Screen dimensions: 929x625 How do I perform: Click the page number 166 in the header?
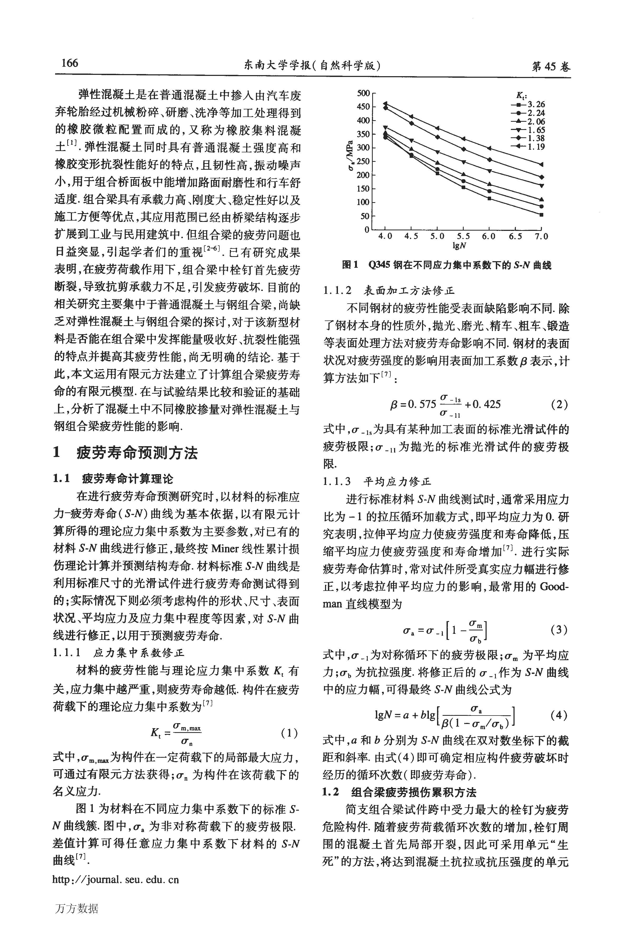coord(70,63)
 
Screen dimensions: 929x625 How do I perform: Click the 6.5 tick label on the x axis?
coord(515,236)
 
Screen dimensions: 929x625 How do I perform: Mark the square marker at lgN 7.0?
coord(541,215)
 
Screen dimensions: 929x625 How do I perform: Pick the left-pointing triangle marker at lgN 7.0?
coord(541,164)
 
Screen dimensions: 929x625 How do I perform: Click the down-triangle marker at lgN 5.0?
coord(437,152)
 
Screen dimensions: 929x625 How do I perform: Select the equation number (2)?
coord(559,405)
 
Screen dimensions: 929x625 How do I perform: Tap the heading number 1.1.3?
coord(337,482)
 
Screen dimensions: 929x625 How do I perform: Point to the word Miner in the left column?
coord(225,549)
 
